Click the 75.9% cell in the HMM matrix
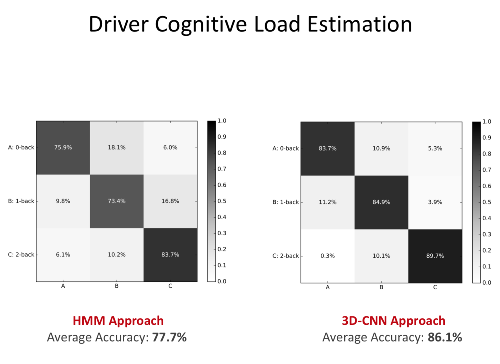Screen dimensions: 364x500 click(x=63, y=148)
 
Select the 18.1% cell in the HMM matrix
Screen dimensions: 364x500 click(x=117, y=148)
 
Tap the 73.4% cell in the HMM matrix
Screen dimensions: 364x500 click(x=117, y=201)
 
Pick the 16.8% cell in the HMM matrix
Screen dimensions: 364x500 click(x=170, y=201)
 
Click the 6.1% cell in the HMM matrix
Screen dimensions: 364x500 click(x=63, y=255)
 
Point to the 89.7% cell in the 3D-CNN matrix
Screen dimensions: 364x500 click(x=435, y=256)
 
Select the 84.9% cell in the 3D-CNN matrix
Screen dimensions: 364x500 click(x=381, y=202)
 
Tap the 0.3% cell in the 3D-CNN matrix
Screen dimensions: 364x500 click(x=327, y=256)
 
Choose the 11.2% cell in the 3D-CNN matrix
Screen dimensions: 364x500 click(x=327, y=202)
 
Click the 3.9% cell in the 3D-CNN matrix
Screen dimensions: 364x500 click(x=435, y=202)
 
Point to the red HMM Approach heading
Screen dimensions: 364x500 click(x=118, y=321)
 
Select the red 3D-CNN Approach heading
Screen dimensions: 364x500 click(x=393, y=321)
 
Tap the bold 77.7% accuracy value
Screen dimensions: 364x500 click(x=169, y=337)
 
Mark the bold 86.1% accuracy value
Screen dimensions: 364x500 click(x=445, y=337)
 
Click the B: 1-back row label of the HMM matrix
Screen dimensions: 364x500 click(x=21, y=201)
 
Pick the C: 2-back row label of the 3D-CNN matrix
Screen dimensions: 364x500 click(x=285, y=256)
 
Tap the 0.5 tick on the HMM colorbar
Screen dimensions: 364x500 click(x=222, y=201)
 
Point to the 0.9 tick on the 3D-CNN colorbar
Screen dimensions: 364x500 click(x=487, y=138)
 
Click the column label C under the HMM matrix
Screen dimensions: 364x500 click(x=170, y=286)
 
